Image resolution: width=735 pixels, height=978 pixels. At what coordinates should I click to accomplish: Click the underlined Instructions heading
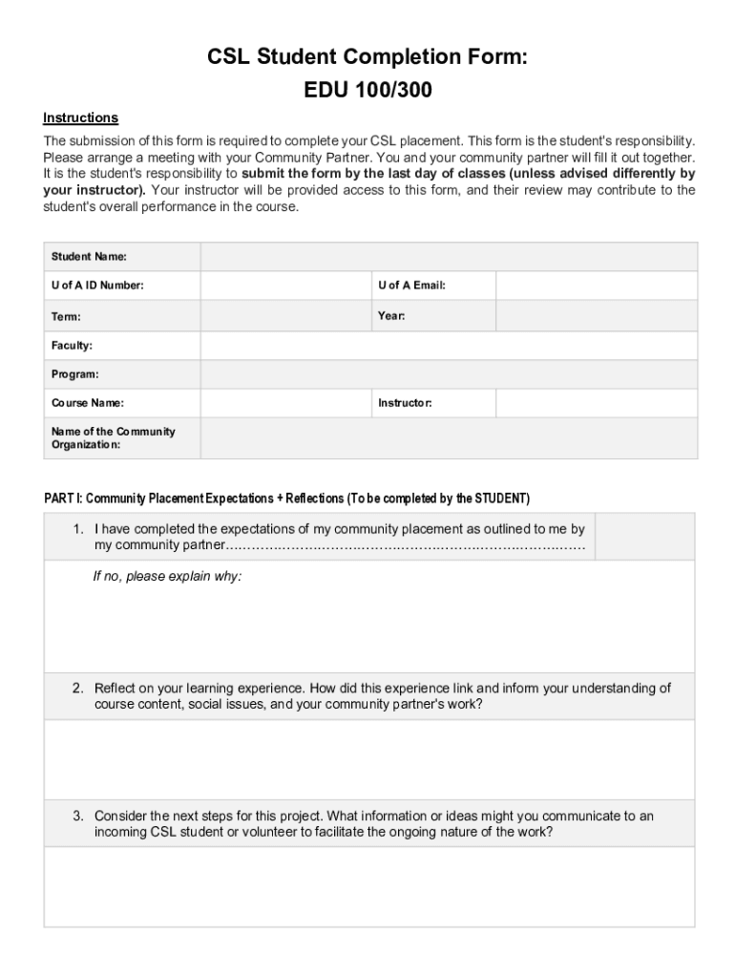[x=80, y=117]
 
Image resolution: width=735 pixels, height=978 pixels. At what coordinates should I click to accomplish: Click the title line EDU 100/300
[x=367, y=92]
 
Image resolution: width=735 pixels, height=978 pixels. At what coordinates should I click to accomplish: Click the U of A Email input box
[x=596, y=286]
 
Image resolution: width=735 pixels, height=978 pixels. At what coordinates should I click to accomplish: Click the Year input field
[x=596, y=316]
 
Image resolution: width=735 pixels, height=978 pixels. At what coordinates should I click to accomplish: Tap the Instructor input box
[x=596, y=403]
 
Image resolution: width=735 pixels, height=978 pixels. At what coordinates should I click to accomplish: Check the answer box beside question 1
[x=645, y=536]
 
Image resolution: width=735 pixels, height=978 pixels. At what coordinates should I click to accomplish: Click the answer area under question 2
[x=369, y=759]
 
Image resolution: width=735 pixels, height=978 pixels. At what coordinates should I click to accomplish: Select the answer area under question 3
[x=369, y=886]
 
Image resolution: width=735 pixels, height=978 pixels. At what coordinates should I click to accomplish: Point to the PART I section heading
[x=286, y=499]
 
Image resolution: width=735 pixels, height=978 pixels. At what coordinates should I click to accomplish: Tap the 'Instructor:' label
[x=405, y=403]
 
